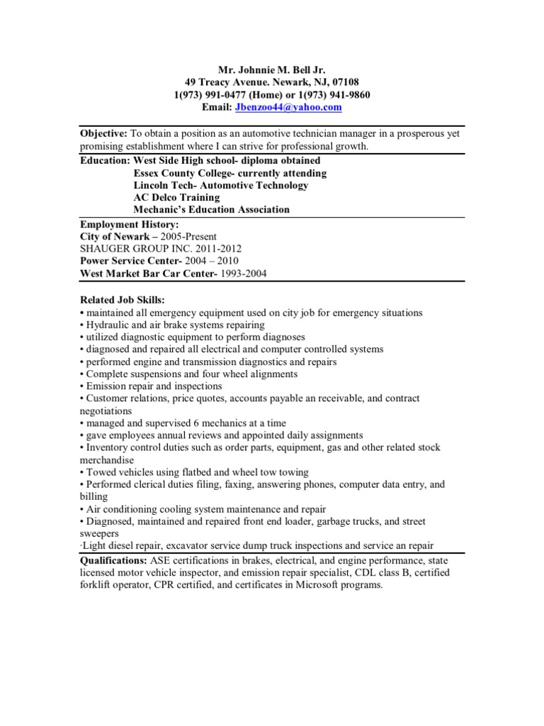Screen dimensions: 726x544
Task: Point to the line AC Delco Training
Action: pyautogui.click(x=176, y=197)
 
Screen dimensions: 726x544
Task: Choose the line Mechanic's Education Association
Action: pyautogui.click(x=211, y=209)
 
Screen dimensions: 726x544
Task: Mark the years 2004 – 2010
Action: pyautogui.click(x=216, y=261)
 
